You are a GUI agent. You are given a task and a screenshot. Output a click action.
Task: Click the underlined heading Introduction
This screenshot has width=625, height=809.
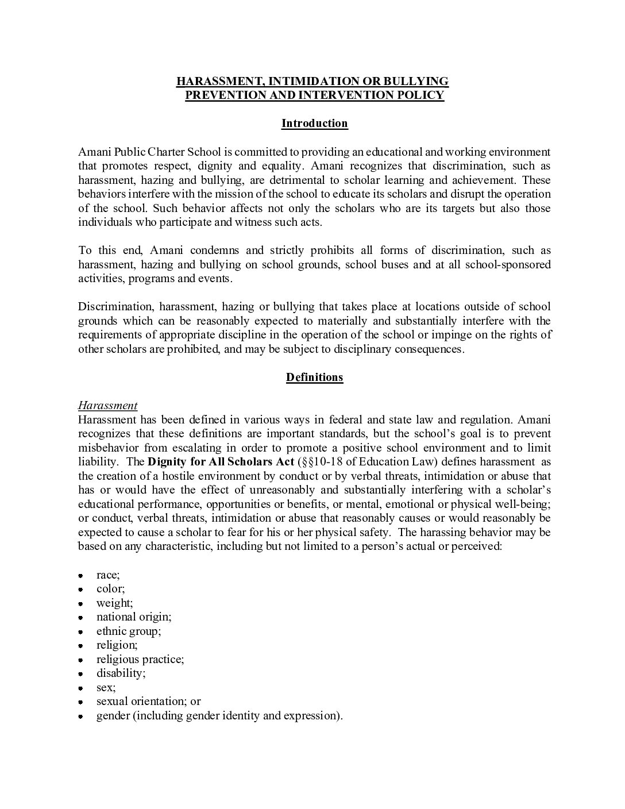pos(314,124)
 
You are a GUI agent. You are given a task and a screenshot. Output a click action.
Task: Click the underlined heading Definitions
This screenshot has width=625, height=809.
pos(314,377)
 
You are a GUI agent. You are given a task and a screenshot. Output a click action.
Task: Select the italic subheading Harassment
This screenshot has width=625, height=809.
pos(107,406)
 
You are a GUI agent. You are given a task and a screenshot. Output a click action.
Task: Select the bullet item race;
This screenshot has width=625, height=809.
pos(108,575)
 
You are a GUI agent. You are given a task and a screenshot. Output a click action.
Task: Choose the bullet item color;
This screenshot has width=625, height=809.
pos(110,588)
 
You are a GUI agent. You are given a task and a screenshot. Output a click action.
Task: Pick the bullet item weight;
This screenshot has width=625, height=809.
pos(114,603)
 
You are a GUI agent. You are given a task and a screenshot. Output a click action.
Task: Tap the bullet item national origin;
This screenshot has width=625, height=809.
pos(134,617)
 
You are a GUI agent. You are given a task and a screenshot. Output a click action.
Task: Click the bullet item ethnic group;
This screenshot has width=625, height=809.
pos(129,631)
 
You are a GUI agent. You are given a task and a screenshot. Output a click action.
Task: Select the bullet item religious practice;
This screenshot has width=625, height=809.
pos(140,659)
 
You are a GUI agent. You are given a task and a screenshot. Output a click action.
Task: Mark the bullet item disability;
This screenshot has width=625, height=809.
pos(121,673)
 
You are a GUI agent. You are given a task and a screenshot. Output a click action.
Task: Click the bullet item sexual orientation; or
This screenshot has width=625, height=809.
pos(148,701)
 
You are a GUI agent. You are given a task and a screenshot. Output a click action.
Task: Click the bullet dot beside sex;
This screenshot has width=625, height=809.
pos(82,688)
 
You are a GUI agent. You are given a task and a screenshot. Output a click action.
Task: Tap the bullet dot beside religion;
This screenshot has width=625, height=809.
pos(82,646)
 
